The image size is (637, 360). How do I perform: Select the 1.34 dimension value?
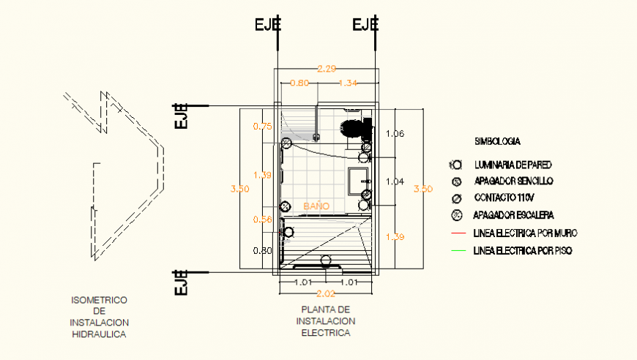tap(349, 83)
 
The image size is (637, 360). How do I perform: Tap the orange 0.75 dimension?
tap(262, 127)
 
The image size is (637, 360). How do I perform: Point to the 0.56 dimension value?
tap(262, 220)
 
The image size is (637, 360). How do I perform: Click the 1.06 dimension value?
tap(395, 134)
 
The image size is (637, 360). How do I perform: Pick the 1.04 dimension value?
tap(395, 181)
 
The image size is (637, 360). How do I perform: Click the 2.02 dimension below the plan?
tap(326, 294)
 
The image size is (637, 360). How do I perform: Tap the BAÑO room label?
tap(316, 207)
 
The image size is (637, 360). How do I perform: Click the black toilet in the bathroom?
tap(356, 127)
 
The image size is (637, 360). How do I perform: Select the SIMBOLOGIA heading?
tap(497, 140)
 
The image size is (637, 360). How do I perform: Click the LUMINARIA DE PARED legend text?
tap(513, 165)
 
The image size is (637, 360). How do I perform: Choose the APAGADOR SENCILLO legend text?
tap(513, 181)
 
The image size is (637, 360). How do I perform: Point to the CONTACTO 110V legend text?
tap(506, 198)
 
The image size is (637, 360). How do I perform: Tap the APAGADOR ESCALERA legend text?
tap(514, 215)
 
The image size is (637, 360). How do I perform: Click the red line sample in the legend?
tap(459, 233)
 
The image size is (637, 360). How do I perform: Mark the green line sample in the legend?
tap(459, 251)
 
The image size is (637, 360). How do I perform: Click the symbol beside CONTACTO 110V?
tap(456, 198)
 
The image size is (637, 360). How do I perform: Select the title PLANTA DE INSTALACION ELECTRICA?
tap(326, 321)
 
